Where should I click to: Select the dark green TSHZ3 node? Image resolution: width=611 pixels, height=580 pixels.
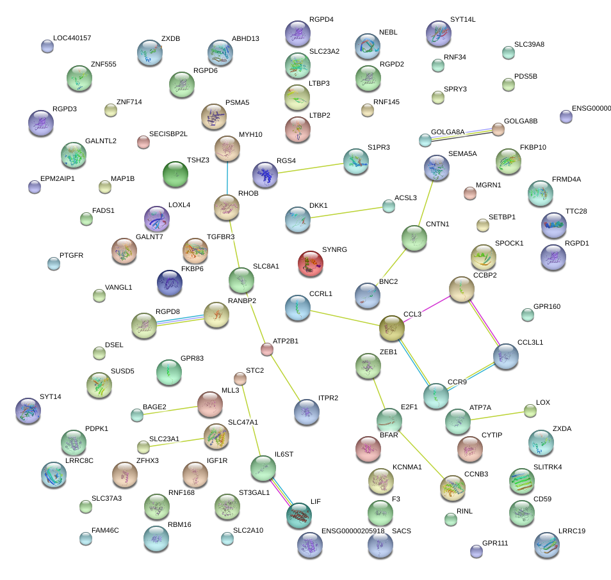(x=174, y=174)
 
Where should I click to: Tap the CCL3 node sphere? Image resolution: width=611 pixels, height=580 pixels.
(x=392, y=327)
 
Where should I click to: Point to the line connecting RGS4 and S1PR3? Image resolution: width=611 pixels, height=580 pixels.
(x=311, y=168)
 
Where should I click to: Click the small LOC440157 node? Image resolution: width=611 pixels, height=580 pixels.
(x=47, y=46)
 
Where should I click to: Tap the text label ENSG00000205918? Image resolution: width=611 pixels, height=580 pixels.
(x=353, y=531)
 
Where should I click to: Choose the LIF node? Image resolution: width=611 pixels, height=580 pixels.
(x=298, y=515)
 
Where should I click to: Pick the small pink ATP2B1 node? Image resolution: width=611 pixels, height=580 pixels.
(x=267, y=349)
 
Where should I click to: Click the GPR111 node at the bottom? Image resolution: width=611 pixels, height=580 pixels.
(x=475, y=551)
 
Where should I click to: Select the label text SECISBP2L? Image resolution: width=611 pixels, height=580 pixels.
(x=168, y=134)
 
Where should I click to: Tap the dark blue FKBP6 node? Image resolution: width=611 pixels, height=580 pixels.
(x=170, y=283)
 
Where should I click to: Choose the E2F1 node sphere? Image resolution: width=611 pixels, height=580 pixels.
(x=389, y=420)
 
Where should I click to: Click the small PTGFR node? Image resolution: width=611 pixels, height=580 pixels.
(x=53, y=263)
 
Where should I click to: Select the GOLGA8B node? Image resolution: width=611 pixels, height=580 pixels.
(x=498, y=129)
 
